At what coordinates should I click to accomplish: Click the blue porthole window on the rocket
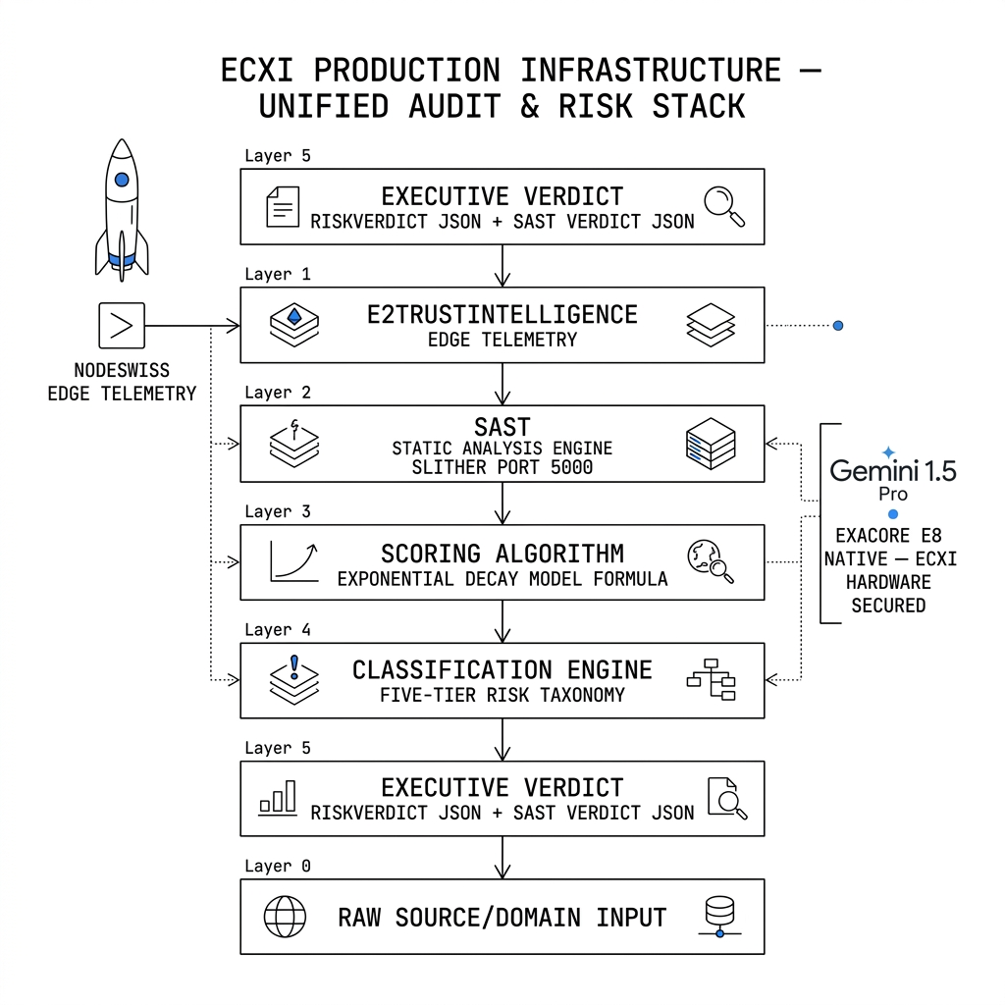pos(122,180)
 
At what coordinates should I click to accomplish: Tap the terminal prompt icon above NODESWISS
pos(122,326)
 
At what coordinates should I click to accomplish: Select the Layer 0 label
pos(278,866)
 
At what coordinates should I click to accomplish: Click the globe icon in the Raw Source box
pos(285,917)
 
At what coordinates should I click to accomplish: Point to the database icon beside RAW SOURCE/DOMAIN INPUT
pos(719,917)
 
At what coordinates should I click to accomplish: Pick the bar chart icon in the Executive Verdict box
pos(278,798)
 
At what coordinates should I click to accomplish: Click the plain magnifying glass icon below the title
pos(724,206)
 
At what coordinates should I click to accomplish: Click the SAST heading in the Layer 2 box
pos(502,427)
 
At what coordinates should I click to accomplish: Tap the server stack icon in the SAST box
pos(711,444)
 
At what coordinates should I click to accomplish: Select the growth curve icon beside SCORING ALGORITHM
pos(294,561)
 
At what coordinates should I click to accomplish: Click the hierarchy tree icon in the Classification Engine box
pos(711,679)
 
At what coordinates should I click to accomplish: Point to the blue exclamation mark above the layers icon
pos(294,666)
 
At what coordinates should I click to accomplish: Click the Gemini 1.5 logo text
pos(893,470)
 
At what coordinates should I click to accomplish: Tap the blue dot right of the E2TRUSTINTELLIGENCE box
pos(838,326)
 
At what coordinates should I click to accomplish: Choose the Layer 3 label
pos(278,511)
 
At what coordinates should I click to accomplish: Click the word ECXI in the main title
pos(257,70)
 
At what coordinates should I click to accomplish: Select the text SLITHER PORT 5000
pos(502,467)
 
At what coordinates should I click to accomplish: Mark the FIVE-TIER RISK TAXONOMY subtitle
pos(502,695)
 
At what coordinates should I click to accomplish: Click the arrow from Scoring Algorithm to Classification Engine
pos(502,621)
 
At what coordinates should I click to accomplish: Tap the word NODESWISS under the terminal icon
pos(122,370)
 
